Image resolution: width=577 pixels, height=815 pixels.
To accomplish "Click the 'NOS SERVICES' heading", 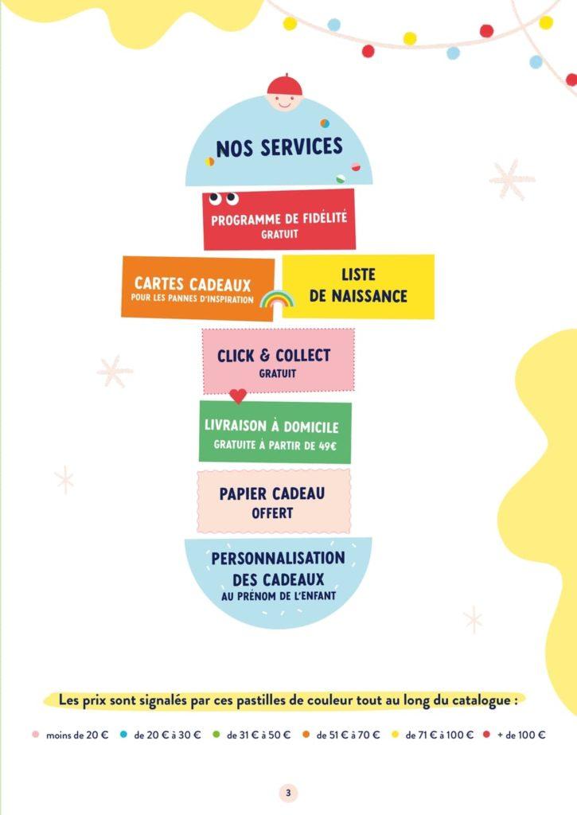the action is click(279, 147).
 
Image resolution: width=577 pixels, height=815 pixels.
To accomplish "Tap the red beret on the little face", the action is click(284, 84).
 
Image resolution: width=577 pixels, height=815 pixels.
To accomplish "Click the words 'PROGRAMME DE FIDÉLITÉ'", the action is click(279, 218).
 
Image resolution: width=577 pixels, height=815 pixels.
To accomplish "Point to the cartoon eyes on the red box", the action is click(224, 198).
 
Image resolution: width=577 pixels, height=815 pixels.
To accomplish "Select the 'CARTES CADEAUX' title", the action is click(193, 284).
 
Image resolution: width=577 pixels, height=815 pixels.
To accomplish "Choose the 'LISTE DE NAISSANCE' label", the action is click(358, 285).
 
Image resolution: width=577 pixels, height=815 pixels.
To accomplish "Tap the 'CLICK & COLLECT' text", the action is click(274, 356).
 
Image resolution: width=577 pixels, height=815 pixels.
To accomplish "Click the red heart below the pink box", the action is click(238, 396).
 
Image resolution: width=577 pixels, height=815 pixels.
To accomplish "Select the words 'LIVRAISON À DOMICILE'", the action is click(271, 426).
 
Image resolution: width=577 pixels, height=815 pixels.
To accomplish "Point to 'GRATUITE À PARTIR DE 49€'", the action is click(275, 446).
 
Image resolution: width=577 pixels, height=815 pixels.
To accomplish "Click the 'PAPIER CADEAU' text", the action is click(272, 493).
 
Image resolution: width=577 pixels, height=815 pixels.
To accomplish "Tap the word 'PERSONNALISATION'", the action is click(278, 558).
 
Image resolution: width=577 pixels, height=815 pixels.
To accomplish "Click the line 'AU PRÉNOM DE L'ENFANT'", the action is click(279, 596).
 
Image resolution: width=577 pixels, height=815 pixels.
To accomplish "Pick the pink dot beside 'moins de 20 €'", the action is click(35, 735).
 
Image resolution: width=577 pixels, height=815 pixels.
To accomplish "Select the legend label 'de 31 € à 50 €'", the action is click(259, 735).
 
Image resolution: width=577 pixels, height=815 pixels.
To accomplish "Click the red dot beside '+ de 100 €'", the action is click(486, 735).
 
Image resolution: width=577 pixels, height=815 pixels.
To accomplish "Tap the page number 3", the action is click(288, 794).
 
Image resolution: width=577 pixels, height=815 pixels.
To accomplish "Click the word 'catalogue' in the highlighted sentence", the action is click(481, 700).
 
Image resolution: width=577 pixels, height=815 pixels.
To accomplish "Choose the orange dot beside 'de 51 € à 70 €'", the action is click(306, 735).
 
